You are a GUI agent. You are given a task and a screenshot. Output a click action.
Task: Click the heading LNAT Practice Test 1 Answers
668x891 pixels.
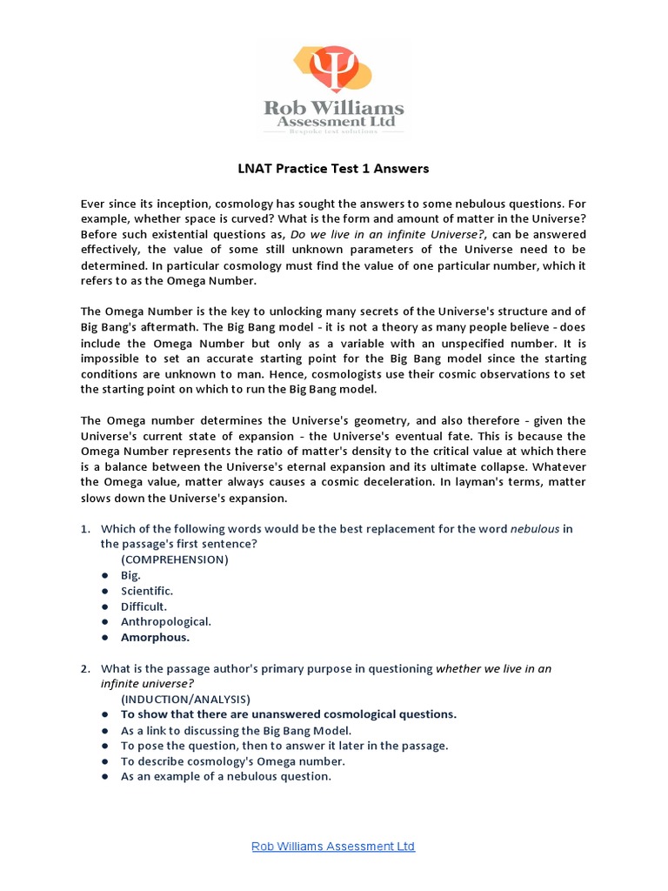[334, 168]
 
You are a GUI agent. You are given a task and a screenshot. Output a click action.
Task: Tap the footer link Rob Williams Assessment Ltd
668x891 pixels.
[333, 846]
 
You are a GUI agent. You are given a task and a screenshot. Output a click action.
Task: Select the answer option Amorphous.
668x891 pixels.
[155, 637]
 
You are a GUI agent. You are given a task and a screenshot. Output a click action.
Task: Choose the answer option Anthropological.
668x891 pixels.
[166, 621]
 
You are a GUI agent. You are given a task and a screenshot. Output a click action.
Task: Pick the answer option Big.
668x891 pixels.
[130, 575]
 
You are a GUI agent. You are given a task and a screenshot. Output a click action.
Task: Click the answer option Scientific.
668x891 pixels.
[147, 591]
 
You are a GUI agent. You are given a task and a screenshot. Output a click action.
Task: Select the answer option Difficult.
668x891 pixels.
[144, 606]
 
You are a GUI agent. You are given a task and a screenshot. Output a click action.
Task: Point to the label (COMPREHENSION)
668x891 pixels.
[175, 559]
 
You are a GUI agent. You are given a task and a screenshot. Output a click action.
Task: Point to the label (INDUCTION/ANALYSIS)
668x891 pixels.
[185, 699]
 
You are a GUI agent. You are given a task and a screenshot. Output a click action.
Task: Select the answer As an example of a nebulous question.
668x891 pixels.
[226, 776]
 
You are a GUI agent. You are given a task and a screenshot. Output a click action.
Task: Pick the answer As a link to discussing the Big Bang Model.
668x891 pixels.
[236, 730]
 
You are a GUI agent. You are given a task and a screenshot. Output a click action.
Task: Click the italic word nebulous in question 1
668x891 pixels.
[534, 529]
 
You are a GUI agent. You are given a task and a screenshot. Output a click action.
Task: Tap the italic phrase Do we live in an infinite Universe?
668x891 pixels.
[388, 235]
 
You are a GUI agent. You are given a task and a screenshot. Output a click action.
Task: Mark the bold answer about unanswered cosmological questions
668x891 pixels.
[289, 714]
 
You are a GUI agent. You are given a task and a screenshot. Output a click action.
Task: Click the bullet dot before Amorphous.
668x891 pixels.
[104, 638]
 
